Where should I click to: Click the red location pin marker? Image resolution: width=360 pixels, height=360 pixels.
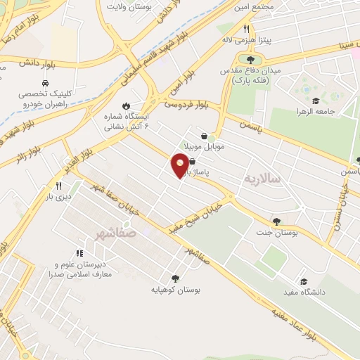(180, 165)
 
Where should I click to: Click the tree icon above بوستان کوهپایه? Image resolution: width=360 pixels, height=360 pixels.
(176, 278)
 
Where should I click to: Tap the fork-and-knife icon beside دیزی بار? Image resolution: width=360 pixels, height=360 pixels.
(59, 186)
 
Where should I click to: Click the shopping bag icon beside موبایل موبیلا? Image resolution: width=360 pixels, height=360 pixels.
(204, 136)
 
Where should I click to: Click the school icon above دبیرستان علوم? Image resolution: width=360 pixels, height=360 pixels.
(79, 253)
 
